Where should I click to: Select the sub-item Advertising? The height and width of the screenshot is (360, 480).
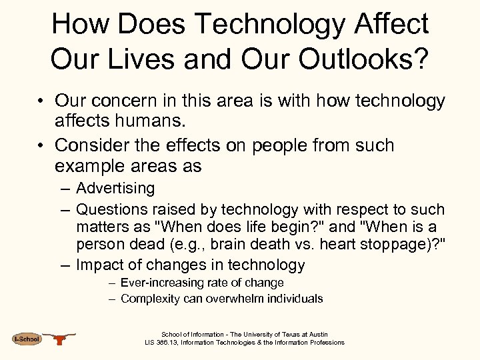click(x=115, y=189)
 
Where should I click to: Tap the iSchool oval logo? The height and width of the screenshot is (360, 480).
click(x=27, y=339)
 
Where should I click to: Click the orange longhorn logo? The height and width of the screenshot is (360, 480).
click(x=61, y=339)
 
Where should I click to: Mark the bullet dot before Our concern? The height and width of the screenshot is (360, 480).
click(x=41, y=102)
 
